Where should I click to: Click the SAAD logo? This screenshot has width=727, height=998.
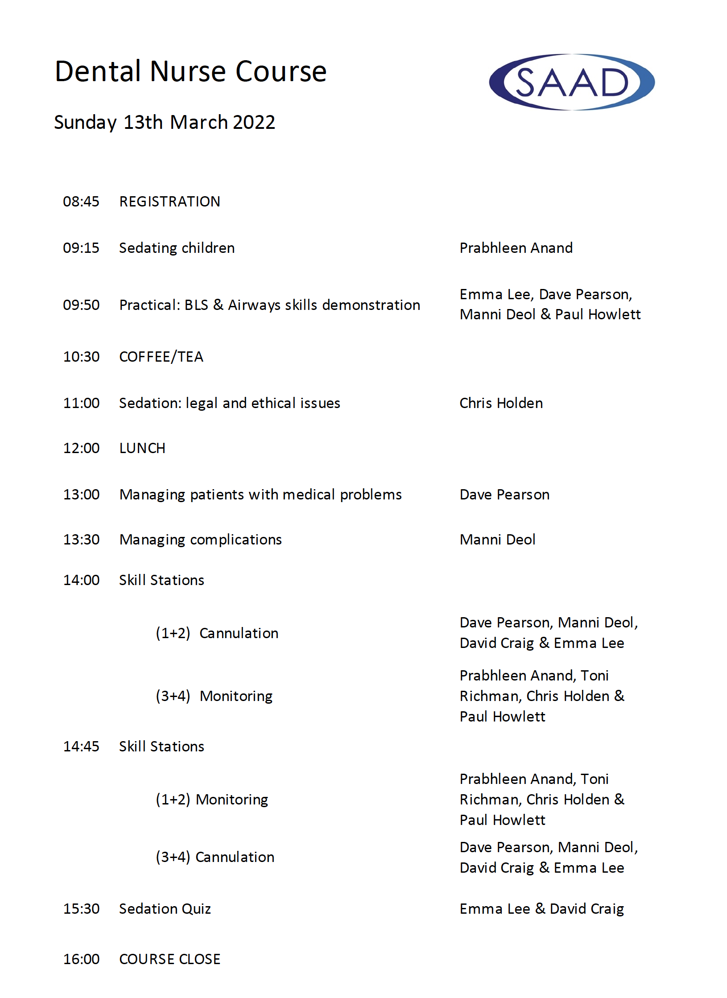click(571, 82)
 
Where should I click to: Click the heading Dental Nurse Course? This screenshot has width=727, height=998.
click(190, 72)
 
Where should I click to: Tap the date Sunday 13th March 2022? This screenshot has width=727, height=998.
click(165, 122)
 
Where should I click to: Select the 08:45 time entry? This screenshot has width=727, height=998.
click(81, 202)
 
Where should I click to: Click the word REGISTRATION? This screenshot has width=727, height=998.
click(169, 202)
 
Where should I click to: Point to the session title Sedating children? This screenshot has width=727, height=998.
click(177, 248)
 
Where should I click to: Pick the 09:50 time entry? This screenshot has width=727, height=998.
click(81, 305)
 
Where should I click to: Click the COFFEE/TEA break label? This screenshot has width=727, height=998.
click(161, 357)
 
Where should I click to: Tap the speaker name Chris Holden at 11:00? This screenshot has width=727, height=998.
click(501, 403)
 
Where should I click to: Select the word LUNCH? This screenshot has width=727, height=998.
click(142, 448)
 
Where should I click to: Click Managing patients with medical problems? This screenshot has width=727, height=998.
click(260, 495)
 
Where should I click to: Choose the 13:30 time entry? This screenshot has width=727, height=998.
click(81, 540)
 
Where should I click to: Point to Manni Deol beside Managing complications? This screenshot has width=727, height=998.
click(497, 540)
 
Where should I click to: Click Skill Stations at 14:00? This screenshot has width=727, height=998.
click(161, 580)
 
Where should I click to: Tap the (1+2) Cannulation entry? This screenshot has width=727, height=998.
click(217, 633)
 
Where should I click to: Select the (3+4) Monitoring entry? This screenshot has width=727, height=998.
click(214, 696)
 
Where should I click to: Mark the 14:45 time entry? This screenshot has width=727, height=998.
click(81, 746)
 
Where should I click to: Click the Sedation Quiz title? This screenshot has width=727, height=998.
click(165, 909)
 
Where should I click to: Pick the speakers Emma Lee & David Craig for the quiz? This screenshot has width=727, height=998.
click(541, 909)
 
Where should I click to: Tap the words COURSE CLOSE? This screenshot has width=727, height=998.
click(169, 959)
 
